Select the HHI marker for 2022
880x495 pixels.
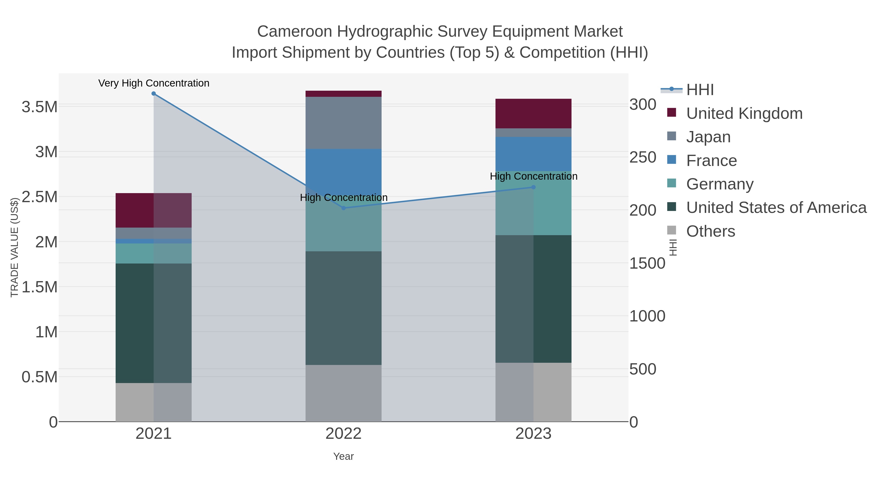344,208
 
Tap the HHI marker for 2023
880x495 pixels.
534,187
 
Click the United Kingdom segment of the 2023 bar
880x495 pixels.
534,113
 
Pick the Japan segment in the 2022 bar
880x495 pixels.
344,123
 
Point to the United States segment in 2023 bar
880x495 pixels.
534,299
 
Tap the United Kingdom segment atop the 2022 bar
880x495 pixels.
344,94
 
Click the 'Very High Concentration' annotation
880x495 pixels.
154,83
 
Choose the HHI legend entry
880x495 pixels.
700,90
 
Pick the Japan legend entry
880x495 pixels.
708,137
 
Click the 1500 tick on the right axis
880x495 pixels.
647,263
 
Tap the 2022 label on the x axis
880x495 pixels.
344,434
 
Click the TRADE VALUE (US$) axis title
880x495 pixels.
14,247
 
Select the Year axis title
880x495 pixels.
344,456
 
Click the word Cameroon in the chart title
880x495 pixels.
295,32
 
